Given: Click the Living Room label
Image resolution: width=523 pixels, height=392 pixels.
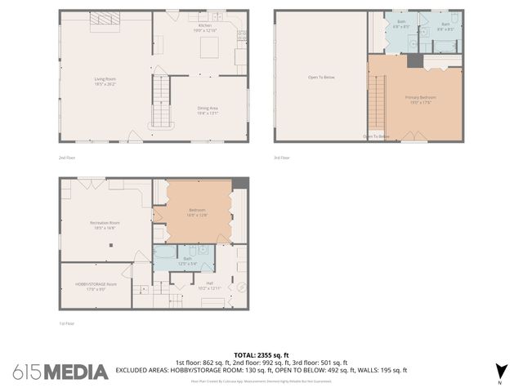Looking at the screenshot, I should (x=105, y=81).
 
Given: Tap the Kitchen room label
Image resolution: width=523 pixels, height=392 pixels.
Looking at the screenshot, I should (x=203, y=27).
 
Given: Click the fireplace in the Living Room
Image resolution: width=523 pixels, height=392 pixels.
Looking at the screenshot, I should (x=104, y=20).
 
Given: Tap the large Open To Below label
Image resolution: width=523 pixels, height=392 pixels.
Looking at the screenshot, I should (x=320, y=78).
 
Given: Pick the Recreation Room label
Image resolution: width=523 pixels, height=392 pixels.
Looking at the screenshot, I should (x=105, y=225).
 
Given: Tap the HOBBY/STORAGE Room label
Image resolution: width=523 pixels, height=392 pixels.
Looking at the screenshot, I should (x=96, y=286).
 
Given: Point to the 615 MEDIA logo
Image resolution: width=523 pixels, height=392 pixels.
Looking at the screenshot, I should (x=60, y=372).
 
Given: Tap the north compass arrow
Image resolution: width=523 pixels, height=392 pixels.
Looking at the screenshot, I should (x=500, y=372).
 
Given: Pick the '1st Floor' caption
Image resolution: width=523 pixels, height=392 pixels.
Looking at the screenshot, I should (x=66, y=323).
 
